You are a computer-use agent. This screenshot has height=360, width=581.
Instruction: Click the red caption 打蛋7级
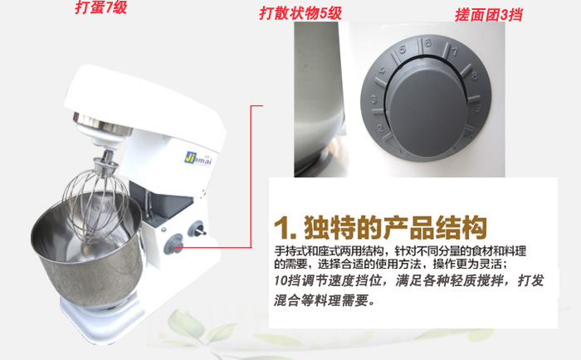(x=100, y=7)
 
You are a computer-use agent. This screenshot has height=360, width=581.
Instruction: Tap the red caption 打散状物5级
(x=300, y=14)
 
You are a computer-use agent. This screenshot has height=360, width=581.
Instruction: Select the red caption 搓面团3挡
(x=488, y=15)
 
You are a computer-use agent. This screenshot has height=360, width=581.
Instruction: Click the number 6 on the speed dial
(x=428, y=43)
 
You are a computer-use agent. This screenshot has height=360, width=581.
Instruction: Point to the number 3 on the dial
(x=373, y=100)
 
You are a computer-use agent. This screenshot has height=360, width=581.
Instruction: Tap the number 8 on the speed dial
(x=474, y=76)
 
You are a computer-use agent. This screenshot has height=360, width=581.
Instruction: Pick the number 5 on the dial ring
(x=403, y=49)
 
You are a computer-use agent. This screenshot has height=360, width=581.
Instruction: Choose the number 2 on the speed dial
(x=380, y=129)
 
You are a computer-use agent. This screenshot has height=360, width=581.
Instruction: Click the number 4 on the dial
(x=382, y=71)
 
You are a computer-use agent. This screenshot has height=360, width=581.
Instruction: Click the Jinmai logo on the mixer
(x=198, y=159)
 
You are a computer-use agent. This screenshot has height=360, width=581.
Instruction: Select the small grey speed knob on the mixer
(x=173, y=244)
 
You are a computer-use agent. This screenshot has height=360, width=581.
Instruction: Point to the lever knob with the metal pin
(x=197, y=229)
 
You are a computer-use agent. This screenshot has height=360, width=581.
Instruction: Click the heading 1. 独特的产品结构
(x=380, y=227)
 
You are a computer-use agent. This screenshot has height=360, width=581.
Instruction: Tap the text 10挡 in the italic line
(x=287, y=280)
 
